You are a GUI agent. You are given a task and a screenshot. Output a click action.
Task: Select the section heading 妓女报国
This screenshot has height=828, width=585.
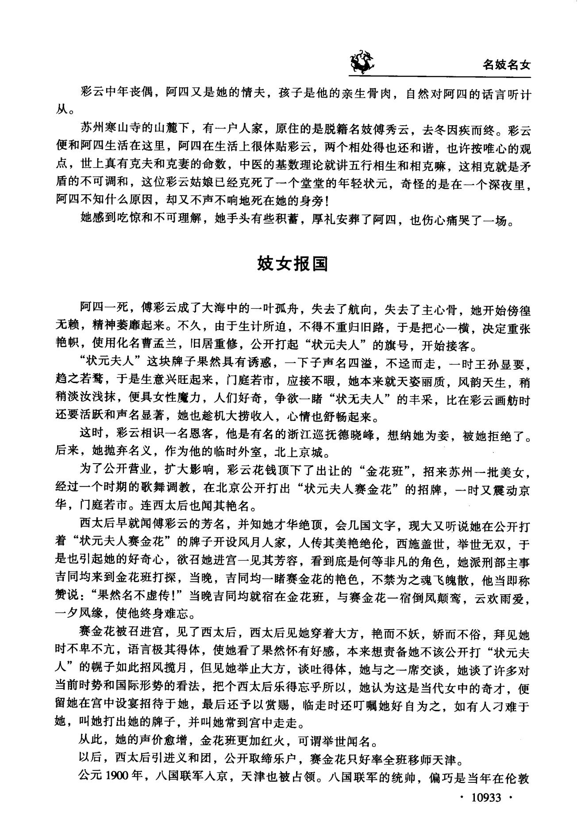click(x=292, y=264)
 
